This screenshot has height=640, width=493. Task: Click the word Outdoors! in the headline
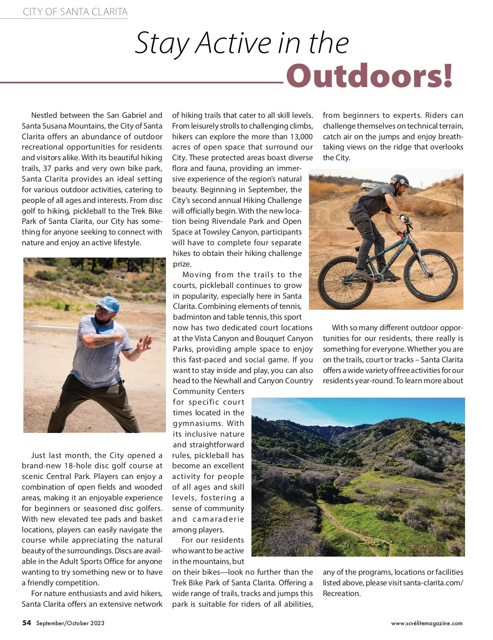(369, 76)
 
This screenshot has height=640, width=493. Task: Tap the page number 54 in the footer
(27, 623)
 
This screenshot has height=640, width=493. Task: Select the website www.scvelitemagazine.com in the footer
(426, 623)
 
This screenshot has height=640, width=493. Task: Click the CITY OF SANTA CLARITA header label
(75, 12)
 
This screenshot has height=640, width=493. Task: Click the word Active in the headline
(233, 43)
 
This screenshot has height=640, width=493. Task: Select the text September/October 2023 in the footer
(70, 623)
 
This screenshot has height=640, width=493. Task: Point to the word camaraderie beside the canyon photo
(219, 519)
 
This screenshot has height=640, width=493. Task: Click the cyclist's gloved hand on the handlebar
(404, 219)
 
